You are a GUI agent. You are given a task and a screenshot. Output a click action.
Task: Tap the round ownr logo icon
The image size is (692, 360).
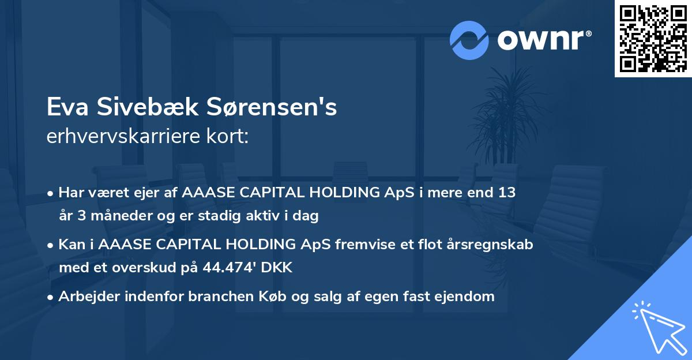tap(469, 40)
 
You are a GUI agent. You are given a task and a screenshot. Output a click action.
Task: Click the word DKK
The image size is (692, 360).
tap(279, 268)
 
